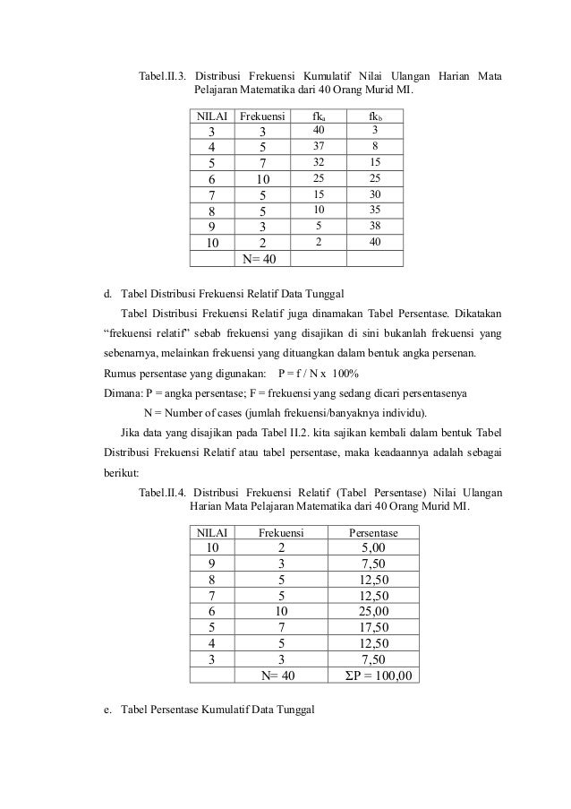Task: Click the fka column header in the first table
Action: pos(318,116)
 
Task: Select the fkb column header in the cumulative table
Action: pos(375,116)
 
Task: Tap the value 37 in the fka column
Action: pos(319,146)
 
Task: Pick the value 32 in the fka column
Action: pos(319,162)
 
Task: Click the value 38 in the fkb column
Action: pos(375,227)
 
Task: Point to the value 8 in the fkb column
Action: pos(375,146)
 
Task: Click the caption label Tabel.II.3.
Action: pos(162,74)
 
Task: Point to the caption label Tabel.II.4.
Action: pos(162,492)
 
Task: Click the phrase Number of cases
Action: pos(207,412)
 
